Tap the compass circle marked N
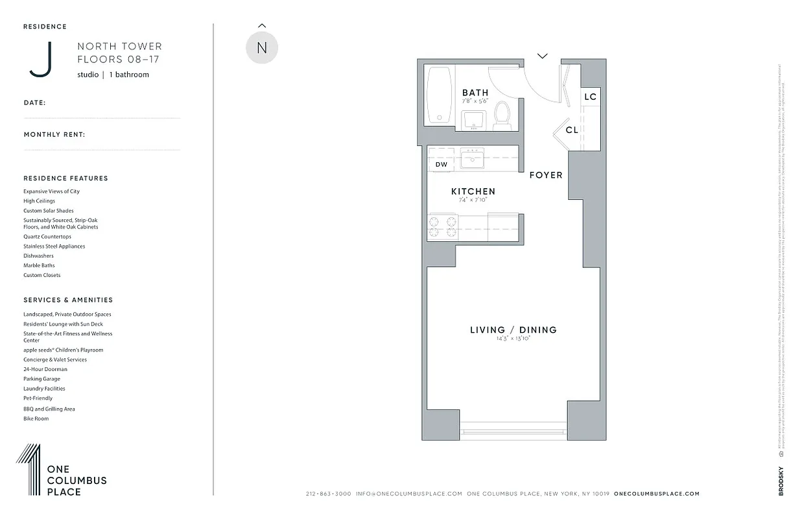262,48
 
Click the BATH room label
475,93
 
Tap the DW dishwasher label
441,165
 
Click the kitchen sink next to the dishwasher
472,158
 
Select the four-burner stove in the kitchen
442,227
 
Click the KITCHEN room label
473,191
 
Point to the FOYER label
546,175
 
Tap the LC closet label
590,97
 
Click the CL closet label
571,130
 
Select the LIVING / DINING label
513,330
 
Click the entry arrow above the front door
543,56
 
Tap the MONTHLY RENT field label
54,135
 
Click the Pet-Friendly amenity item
38,398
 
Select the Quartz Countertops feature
47,237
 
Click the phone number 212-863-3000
328,494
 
